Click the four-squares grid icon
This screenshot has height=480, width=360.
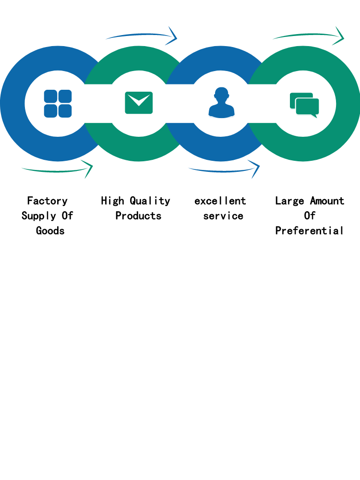click(x=58, y=104)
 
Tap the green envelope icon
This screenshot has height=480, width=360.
click(x=139, y=103)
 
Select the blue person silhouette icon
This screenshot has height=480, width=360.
click(x=221, y=103)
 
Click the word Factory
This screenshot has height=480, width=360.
click(x=47, y=201)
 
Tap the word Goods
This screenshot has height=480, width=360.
click(x=50, y=230)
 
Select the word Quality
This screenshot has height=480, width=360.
click(x=150, y=201)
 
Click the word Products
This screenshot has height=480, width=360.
click(x=138, y=216)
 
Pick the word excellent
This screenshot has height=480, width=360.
click(x=220, y=201)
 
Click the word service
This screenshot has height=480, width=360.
click(x=223, y=216)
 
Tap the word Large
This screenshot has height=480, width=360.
click(x=289, y=201)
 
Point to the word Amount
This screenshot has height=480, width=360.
click(x=327, y=201)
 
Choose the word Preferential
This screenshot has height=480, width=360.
click(x=310, y=230)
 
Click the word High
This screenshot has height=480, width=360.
click(x=112, y=201)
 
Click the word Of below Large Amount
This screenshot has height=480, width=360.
click(x=310, y=216)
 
